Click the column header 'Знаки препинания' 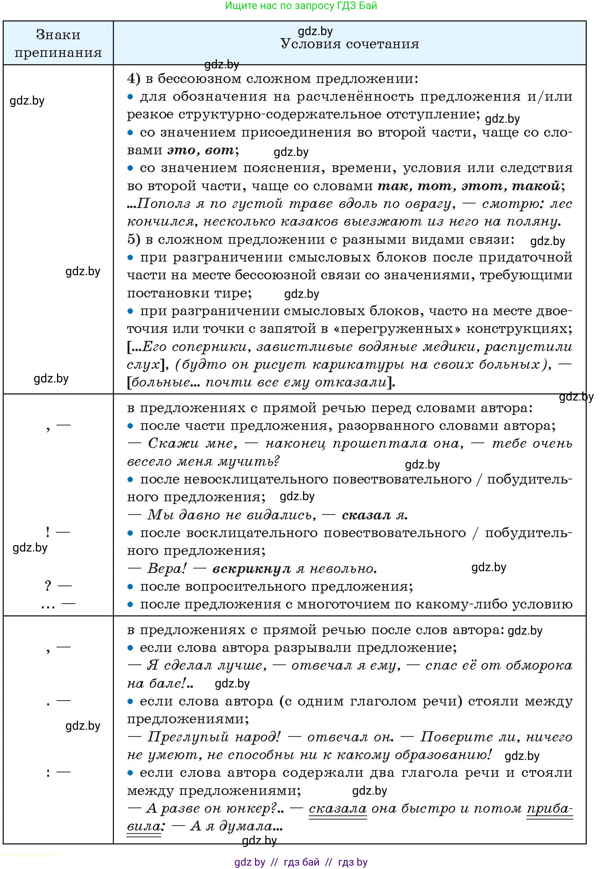pos(58,43)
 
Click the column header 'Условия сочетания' pos(349,44)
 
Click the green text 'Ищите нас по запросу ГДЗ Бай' pos(301,6)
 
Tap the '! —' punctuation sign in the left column pos(58,532)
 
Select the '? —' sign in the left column pos(58,586)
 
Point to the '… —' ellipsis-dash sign pos(58,604)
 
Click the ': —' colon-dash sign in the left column pos(58,772)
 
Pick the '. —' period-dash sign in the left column pos(58,701)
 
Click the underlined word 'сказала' pos(337,808)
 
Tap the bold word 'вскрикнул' pos(251,569)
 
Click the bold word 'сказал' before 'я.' pos(366,515)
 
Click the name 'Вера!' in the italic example pos(167,569)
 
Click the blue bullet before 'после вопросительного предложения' pos(130,587)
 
